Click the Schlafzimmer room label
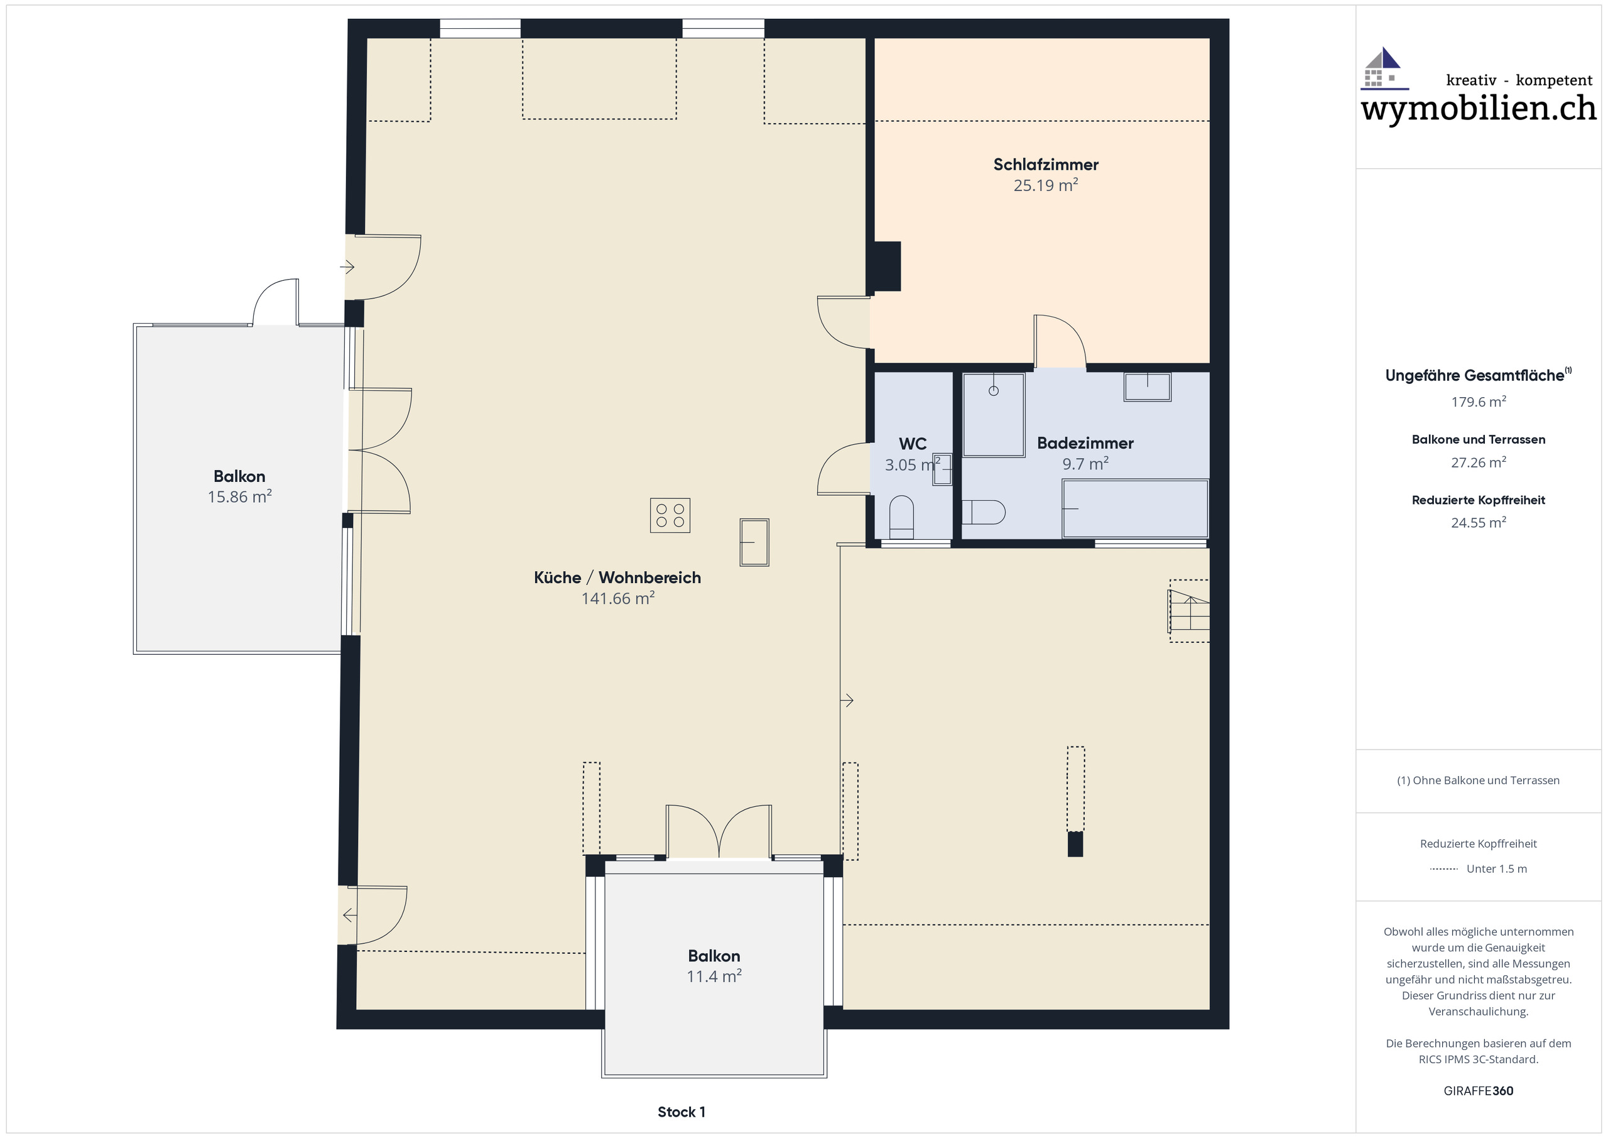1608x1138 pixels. click(1045, 165)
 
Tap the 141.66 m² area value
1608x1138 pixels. click(617, 598)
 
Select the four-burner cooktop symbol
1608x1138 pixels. click(670, 516)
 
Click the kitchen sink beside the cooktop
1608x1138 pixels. click(754, 542)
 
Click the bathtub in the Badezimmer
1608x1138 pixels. click(1134, 509)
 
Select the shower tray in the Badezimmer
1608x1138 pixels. click(993, 415)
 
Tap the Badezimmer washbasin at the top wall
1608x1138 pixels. click(1146, 387)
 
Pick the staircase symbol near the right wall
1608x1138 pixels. click(1189, 610)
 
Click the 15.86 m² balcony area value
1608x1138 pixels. click(239, 497)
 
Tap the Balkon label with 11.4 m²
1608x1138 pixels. click(714, 956)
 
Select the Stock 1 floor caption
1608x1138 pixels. click(681, 1112)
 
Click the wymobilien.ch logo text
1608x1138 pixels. click(1478, 109)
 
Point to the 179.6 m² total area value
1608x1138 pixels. click(1478, 402)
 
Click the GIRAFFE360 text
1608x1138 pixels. click(1478, 1091)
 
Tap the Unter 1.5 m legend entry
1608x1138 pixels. click(1496, 869)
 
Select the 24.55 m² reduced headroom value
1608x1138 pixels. click(1478, 523)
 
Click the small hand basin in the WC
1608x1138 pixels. click(943, 469)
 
